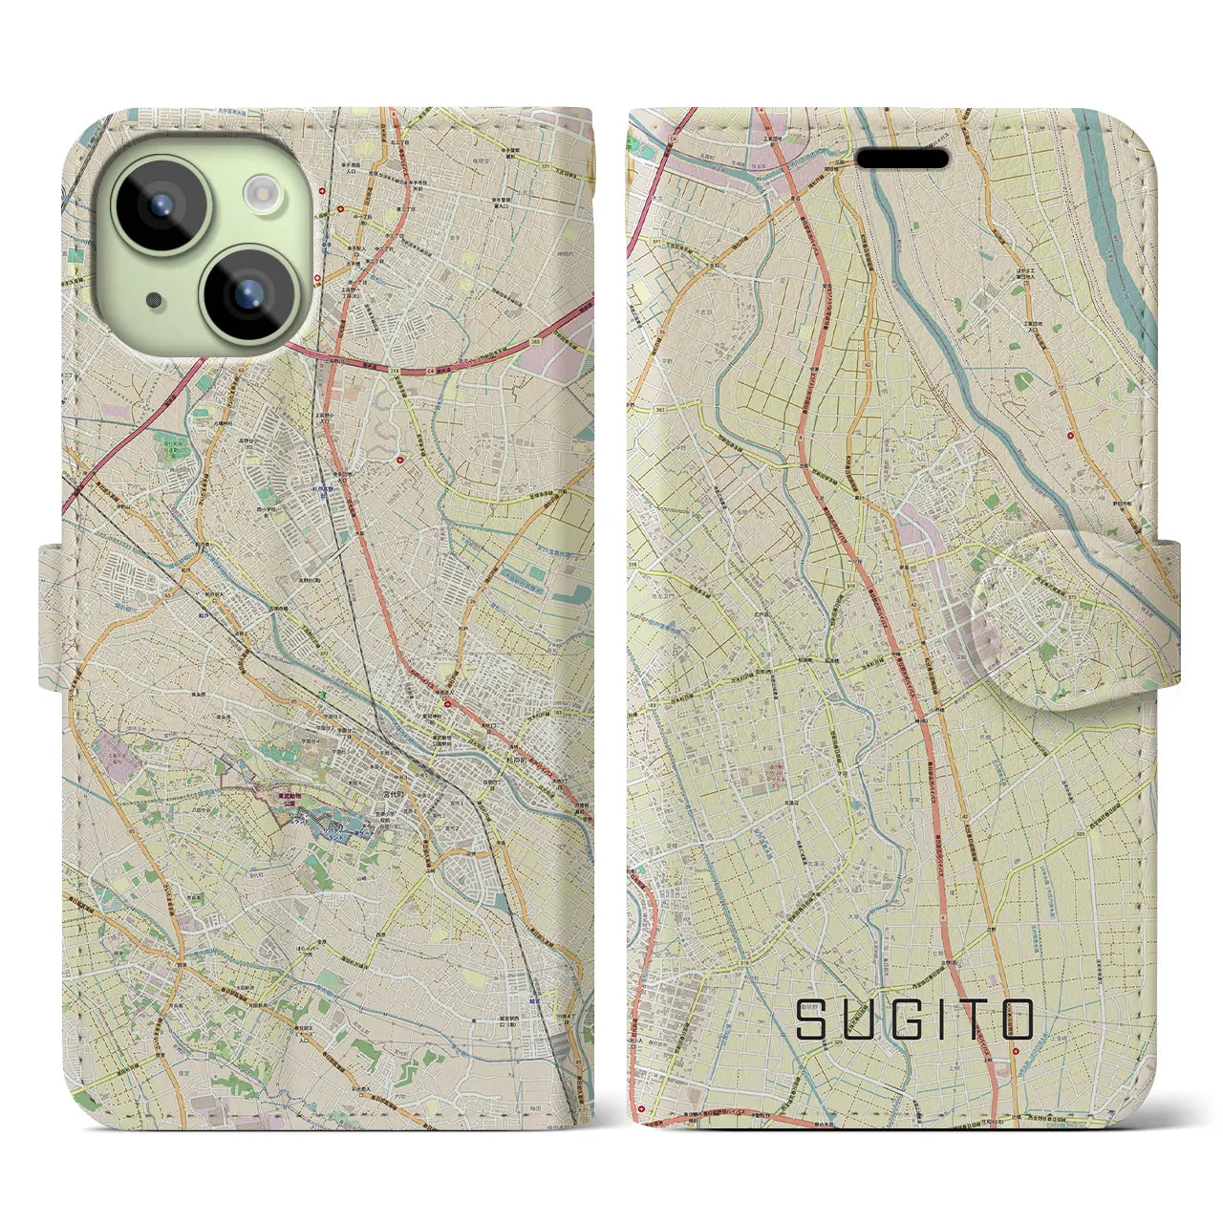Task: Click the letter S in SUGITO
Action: point(811,1019)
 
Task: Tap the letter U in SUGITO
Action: point(857,1019)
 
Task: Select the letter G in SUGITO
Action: point(907,1019)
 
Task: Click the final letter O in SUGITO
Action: point(1019,1019)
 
